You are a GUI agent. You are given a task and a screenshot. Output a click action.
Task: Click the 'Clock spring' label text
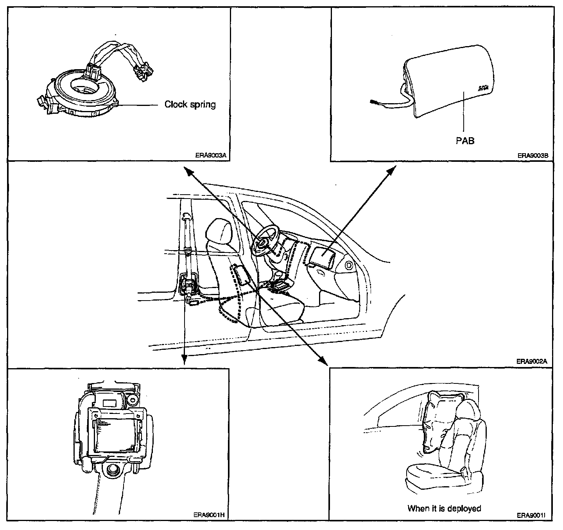click(x=190, y=104)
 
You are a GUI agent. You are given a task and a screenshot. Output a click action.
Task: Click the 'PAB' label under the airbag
click(x=465, y=140)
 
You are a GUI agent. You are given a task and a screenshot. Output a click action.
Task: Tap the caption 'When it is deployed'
click(x=444, y=508)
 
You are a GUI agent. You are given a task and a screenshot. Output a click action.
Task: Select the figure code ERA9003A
click(x=211, y=155)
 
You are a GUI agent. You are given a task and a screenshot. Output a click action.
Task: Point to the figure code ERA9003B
click(x=533, y=155)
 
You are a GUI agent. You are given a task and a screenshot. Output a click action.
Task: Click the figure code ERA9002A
click(x=531, y=362)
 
